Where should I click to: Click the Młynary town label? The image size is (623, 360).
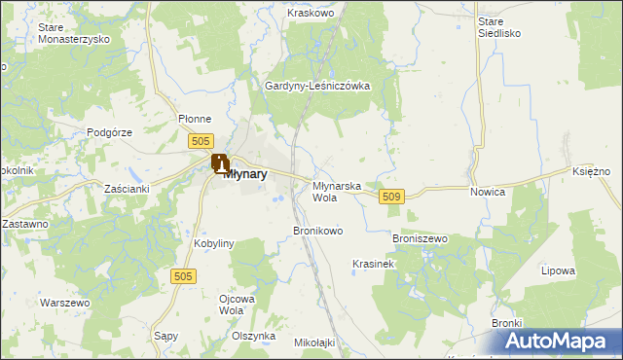point(245,175)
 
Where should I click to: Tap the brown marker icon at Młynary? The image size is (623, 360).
point(221,163)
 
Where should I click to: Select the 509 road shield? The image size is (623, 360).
point(391,197)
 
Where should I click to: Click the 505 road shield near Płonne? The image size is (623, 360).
point(201,142)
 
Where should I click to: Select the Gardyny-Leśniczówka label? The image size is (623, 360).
point(318,86)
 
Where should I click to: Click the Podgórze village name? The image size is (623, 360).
point(109,131)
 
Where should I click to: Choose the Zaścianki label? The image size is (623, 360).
point(127,188)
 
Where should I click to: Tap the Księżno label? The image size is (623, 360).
point(591,170)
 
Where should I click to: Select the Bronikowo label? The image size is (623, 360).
point(318,231)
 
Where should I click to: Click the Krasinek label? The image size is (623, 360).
point(372,264)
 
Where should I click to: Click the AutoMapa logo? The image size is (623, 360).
point(560,342)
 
